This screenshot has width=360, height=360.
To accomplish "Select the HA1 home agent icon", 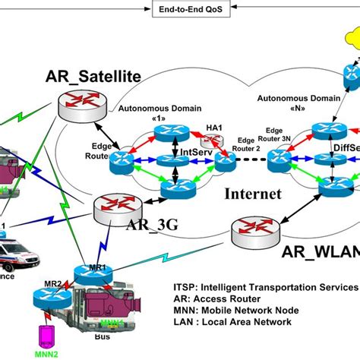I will click(210, 142).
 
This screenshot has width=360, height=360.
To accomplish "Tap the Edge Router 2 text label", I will click(247, 144).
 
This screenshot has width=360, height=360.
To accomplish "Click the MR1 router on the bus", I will click(84, 274).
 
